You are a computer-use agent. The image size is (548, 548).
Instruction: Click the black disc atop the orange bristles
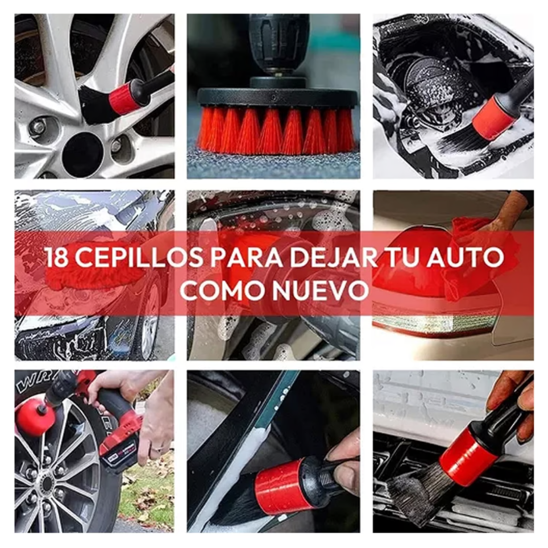pyautogui.click(x=277, y=97)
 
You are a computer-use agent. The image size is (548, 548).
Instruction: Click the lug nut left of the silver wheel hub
pyautogui.click(x=38, y=127)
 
